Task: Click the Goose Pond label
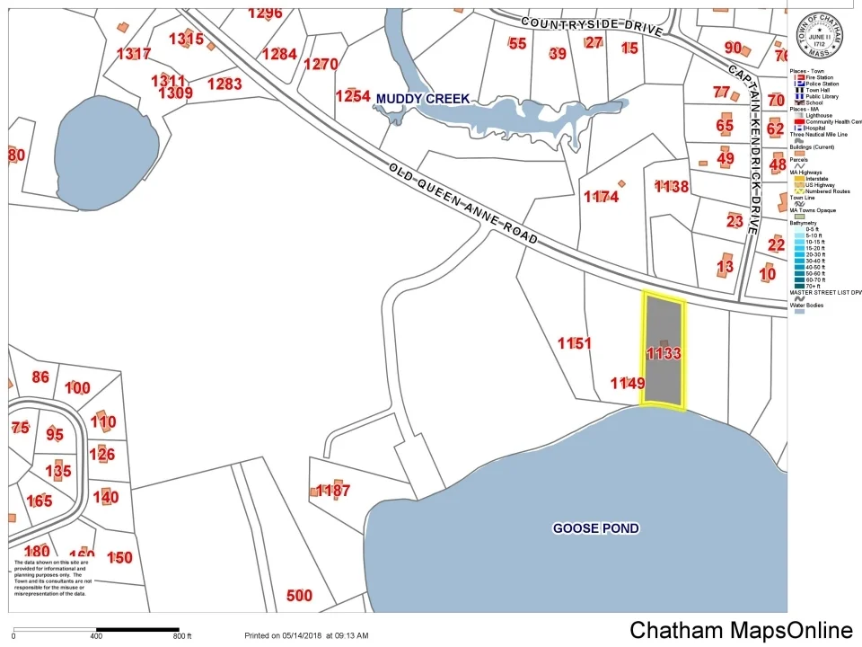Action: (x=595, y=528)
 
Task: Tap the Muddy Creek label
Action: (x=423, y=98)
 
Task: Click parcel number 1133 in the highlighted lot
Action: (x=664, y=354)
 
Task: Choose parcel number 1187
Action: (x=333, y=491)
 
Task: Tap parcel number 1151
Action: (x=575, y=343)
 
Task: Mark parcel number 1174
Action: (x=601, y=197)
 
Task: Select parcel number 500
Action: (x=299, y=596)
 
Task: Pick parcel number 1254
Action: (x=353, y=96)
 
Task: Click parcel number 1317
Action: (x=134, y=54)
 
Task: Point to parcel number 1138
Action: (x=671, y=187)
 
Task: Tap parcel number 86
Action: (x=40, y=377)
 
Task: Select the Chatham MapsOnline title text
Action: (x=741, y=630)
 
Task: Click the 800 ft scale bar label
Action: (x=182, y=636)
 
